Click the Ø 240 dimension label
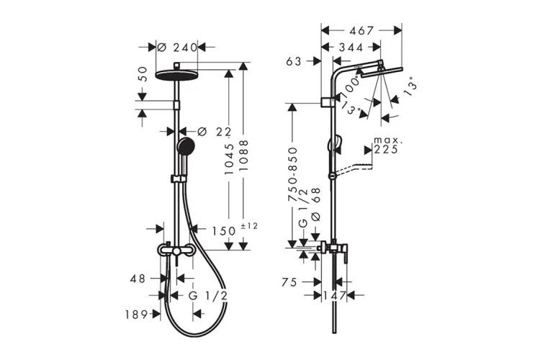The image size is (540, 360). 177,48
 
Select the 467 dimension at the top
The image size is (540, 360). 361,31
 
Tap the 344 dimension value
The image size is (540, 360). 351,48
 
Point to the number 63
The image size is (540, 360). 294,62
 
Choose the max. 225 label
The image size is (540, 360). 388,145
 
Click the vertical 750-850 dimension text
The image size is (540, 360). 293,174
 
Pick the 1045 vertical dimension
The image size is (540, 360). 230,158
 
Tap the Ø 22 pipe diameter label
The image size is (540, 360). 215,131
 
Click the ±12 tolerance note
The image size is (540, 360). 249,226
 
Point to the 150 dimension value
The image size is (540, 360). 223,231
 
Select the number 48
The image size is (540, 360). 138,279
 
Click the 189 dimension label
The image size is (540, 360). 136,314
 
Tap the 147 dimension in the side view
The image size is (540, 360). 334,296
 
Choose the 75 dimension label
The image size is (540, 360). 289,282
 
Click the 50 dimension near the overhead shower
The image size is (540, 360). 143,74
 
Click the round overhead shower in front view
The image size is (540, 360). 176,75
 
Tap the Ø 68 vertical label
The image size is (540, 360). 315,204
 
